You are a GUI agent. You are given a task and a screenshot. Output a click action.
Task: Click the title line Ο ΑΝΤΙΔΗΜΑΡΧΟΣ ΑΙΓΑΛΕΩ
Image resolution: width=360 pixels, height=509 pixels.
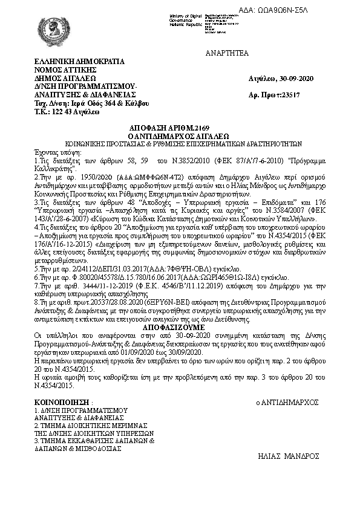pyautogui.click(x=179, y=137)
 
